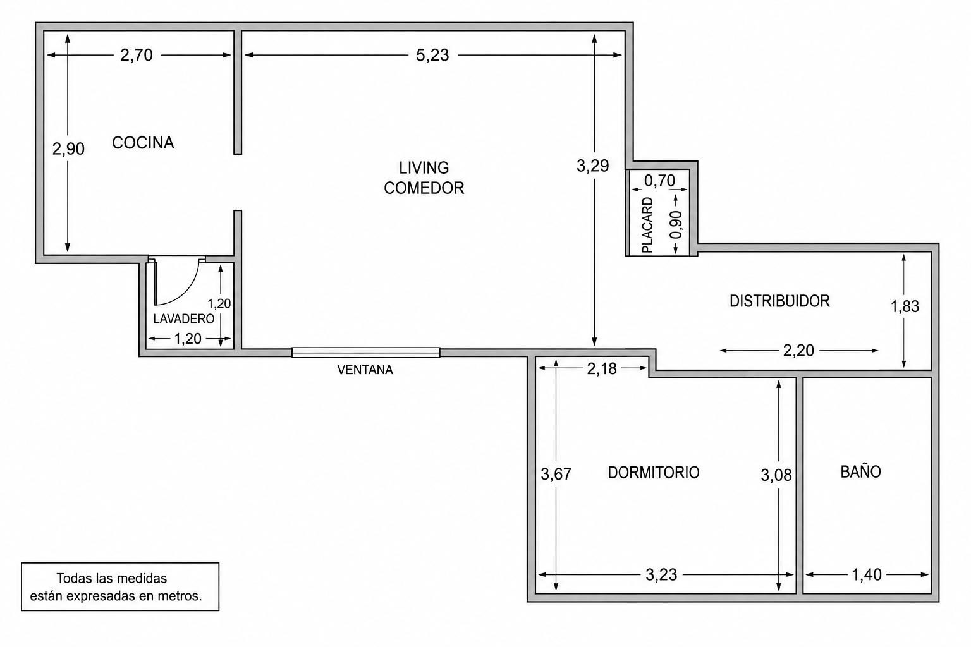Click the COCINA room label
[143, 143]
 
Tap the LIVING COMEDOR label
[424, 178]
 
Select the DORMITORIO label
[653, 473]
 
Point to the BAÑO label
[860, 471]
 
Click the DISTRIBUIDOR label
[779, 301]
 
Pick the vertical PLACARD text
[647, 225]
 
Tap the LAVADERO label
[184, 319]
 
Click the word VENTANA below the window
[365, 370]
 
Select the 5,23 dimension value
[432, 55]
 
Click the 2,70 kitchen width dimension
[137, 55]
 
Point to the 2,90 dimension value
[68, 148]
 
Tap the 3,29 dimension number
[592, 166]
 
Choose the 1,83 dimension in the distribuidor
[905, 306]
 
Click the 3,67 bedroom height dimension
[556, 474]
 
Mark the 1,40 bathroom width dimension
[867, 574]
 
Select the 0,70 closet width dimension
[660, 181]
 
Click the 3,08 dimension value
[776, 475]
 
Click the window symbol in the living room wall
[366, 353]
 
